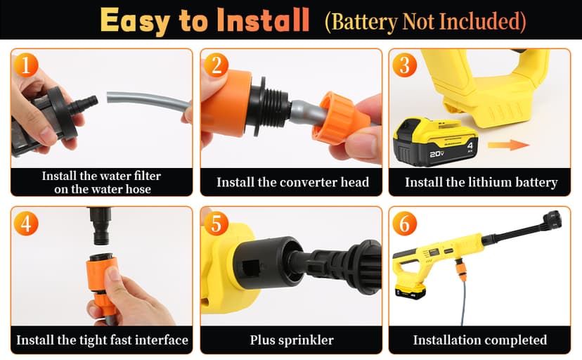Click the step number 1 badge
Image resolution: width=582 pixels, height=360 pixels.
26,66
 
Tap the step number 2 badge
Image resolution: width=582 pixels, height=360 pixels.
216,66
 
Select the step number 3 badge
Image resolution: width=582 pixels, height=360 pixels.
404,66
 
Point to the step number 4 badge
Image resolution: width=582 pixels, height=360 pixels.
26,224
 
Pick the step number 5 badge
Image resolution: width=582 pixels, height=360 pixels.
216,224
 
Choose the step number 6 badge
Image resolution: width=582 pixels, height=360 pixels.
404,224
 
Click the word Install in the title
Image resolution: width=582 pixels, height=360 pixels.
264,21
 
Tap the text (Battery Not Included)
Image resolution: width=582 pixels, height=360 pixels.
425,22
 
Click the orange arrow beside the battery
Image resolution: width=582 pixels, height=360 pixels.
508,145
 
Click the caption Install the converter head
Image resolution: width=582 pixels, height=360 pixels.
292,182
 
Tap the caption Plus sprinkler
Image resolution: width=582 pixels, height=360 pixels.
292,340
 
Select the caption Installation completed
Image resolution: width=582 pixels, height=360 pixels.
480,340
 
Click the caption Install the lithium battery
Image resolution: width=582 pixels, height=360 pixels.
481,182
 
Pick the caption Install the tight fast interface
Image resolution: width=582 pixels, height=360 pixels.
103,340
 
